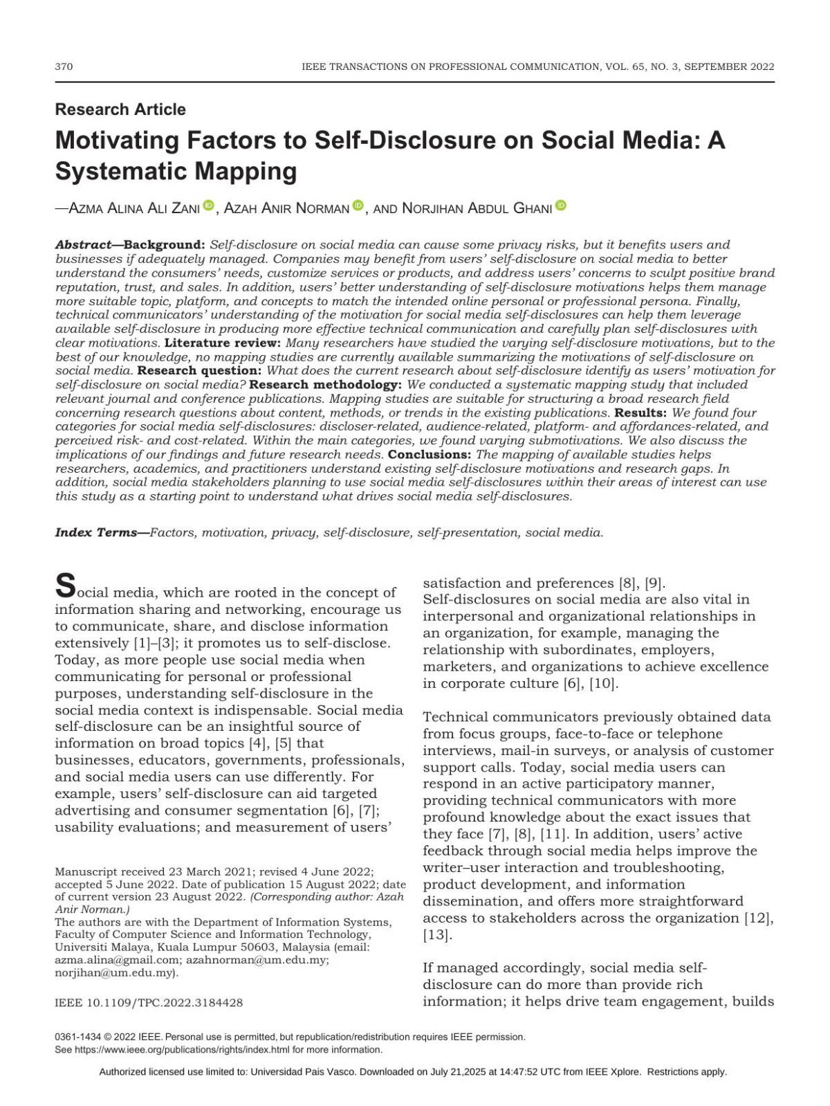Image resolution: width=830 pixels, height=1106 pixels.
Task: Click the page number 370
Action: coord(64,67)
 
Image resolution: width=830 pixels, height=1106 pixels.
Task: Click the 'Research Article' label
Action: coord(120,109)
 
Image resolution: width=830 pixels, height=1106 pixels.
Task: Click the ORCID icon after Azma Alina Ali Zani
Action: coord(208,206)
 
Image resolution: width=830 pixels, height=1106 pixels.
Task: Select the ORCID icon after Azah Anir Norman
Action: coord(358,206)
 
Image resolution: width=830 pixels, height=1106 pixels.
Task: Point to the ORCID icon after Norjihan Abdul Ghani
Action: coord(560,206)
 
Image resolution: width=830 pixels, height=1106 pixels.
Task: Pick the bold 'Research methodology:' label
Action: coord(325,385)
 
